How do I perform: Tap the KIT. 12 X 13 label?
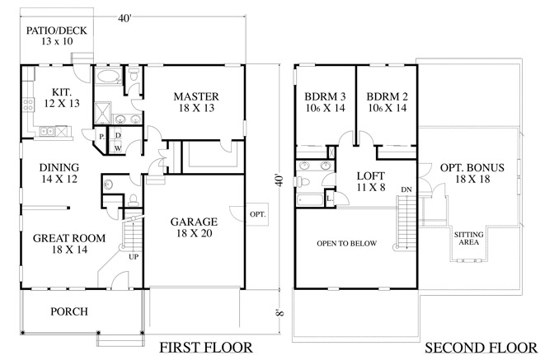pyautogui.click(x=62, y=98)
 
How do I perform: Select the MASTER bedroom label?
pyautogui.click(x=196, y=102)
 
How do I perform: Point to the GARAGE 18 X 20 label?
pyautogui.click(x=194, y=227)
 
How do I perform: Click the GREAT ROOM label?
pyautogui.click(x=69, y=243)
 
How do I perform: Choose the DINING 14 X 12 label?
pyautogui.click(x=59, y=173)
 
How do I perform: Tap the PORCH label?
pyautogui.click(x=69, y=311)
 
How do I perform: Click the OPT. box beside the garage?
pyautogui.click(x=257, y=214)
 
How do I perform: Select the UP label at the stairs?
pyautogui.click(x=134, y=257)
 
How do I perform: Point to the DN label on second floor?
pyautogui.click(x=406, y=189)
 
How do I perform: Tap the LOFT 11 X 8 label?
pyautogui.click(x=370, y=181)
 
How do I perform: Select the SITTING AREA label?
pyautogui.click(x=469, y=238)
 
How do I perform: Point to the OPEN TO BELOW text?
pyautogui.click(x=347, y=243)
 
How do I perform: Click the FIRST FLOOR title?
pyautogui.click(x=206, y=348)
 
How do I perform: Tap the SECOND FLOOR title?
pyautogui.click(x=481, y=348)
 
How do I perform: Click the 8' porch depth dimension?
pyautogui.click(x=280, y=313)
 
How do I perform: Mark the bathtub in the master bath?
pyautogui.click(x=107, y=76)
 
